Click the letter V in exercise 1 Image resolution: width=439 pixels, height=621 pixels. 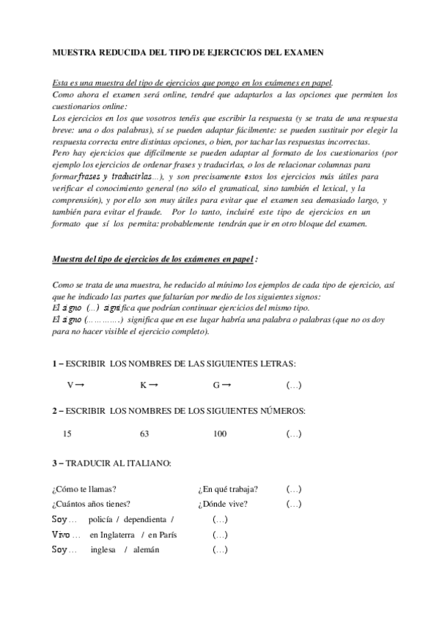[70, 385]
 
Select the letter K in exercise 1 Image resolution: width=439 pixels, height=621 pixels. [143, 385]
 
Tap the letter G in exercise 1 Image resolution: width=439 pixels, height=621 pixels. [216, 385]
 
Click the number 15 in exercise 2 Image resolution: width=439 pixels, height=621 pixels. [67, 434]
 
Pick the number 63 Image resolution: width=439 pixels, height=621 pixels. [144, 434]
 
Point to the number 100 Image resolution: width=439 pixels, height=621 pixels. [220, 434]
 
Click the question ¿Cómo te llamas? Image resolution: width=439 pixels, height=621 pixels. [85, 489]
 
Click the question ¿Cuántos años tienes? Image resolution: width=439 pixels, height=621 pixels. [92, 504]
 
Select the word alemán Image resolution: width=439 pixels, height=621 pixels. [145, 550]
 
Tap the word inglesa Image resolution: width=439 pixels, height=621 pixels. [103, 550]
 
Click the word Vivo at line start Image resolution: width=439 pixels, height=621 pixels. [61, 535]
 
